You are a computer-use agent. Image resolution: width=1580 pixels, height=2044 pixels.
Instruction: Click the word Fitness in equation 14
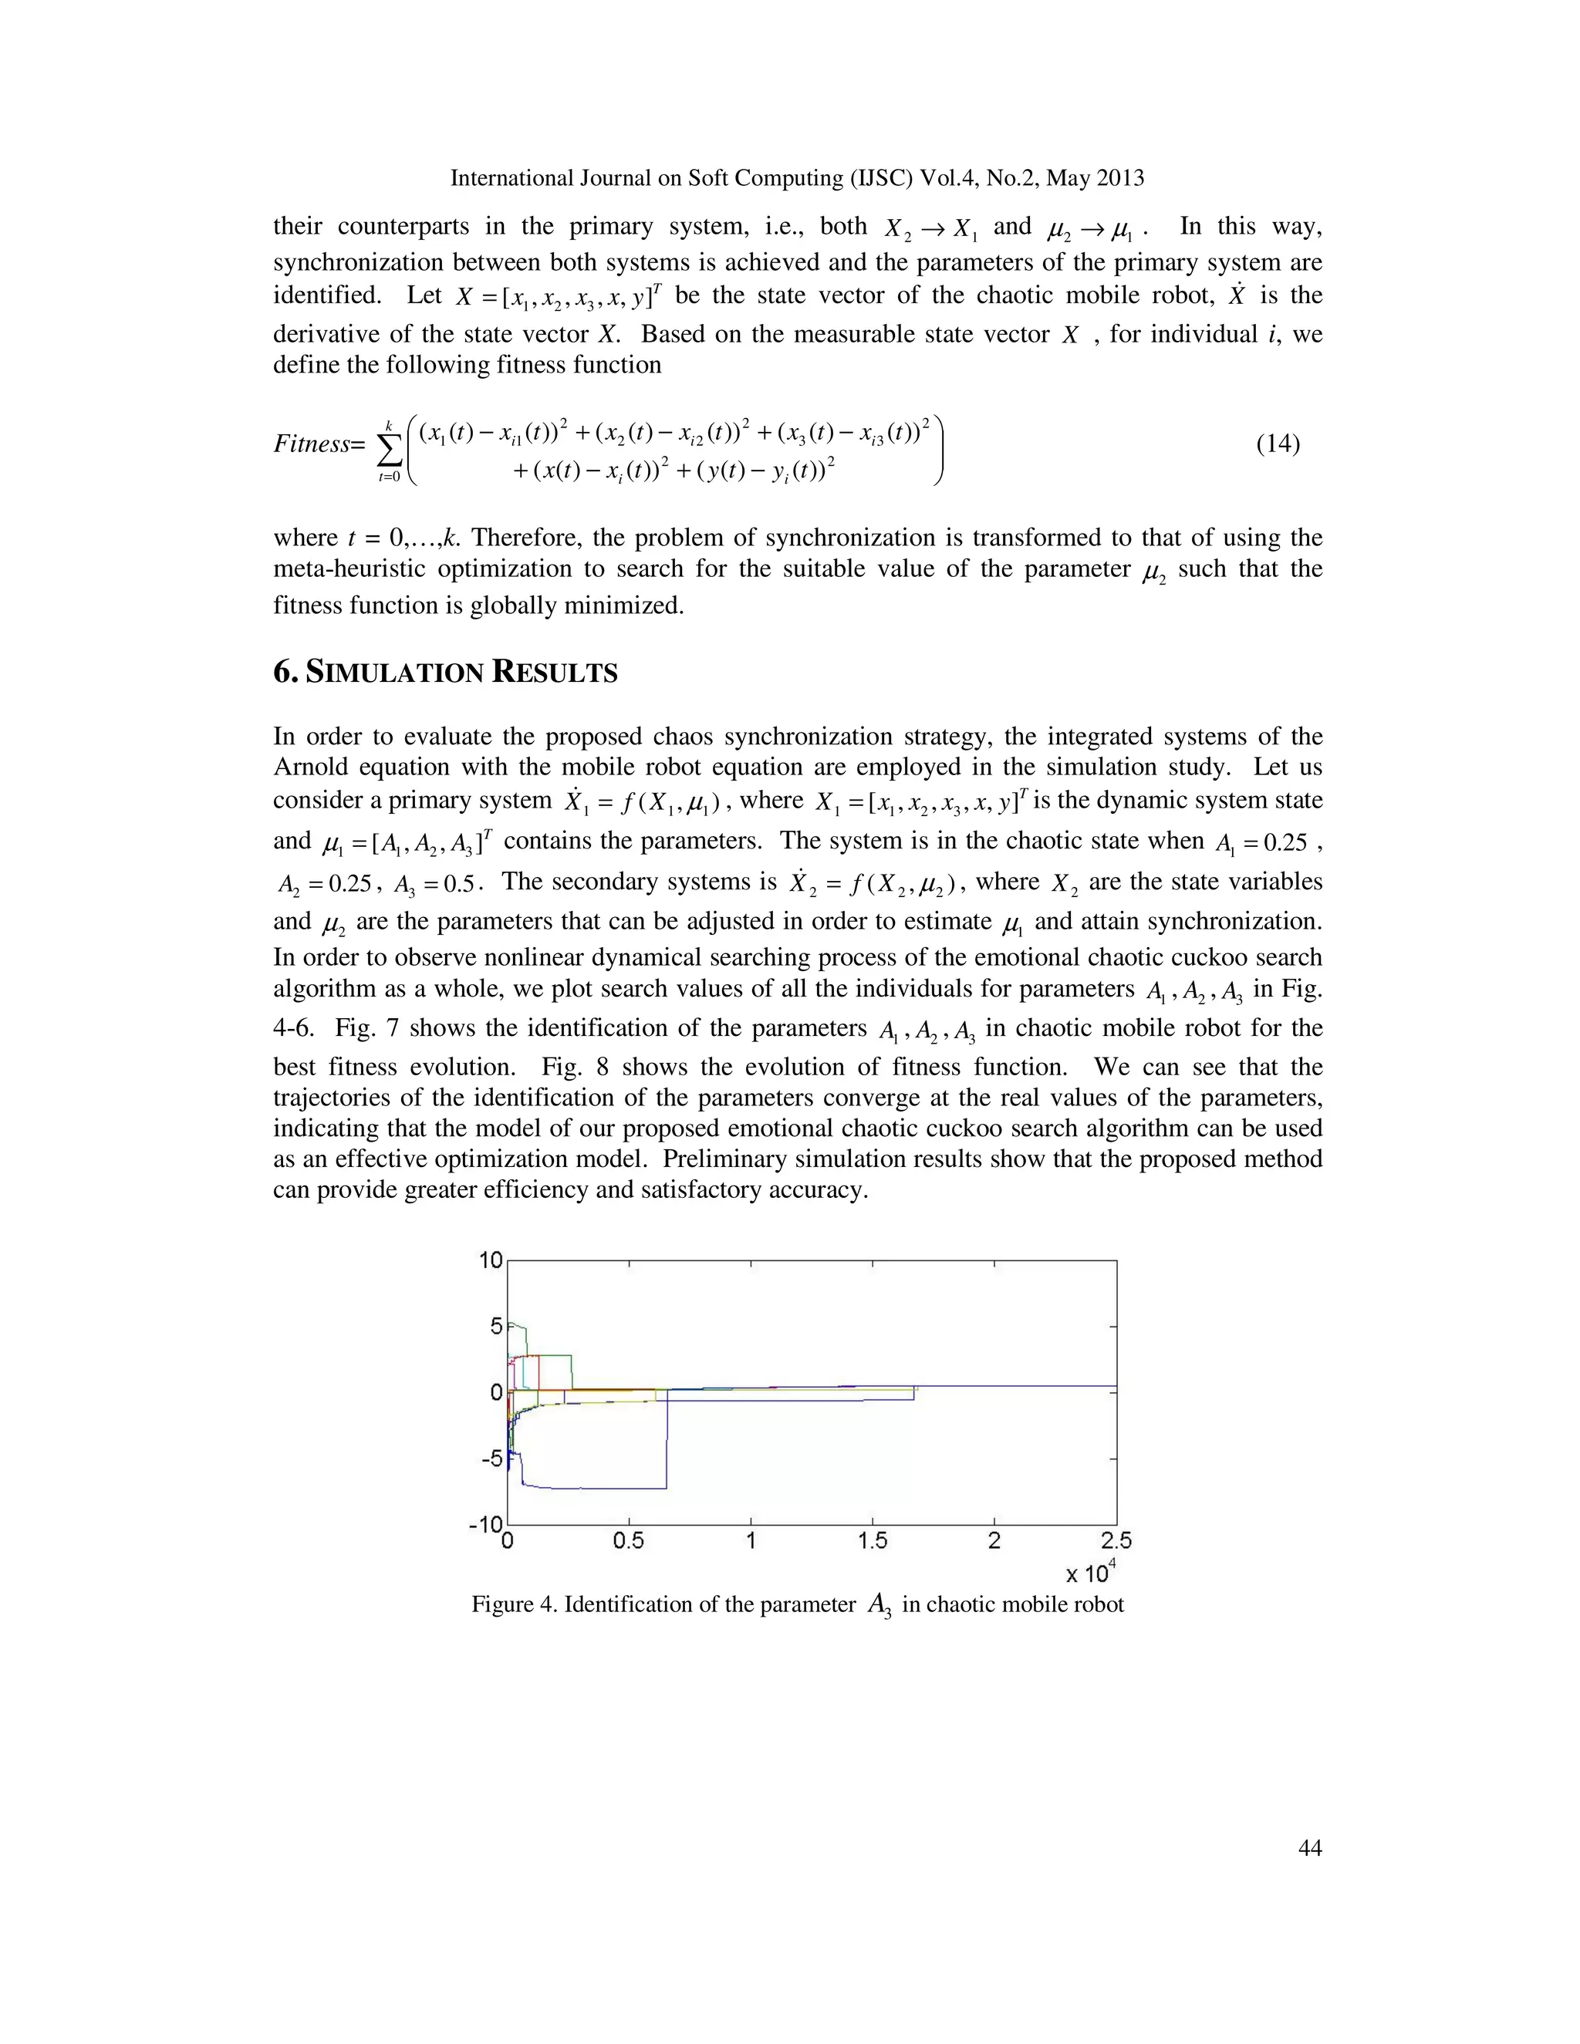click(x=311, y=444)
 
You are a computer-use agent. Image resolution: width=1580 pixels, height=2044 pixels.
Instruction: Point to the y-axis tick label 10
click(x=491, y=1260)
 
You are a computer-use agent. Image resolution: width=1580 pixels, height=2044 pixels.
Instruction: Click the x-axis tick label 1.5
click(x=873, y=1540)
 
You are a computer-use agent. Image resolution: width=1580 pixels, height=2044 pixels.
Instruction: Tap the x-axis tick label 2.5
click(x=1116, y=1540)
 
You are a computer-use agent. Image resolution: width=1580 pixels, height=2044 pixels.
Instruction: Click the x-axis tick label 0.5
click(x=628, y=1540)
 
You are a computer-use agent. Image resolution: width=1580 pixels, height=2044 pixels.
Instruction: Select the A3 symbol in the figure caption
click(x=879, y=1606)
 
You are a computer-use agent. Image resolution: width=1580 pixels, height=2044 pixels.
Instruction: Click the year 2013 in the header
click(x=1119, y=178)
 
